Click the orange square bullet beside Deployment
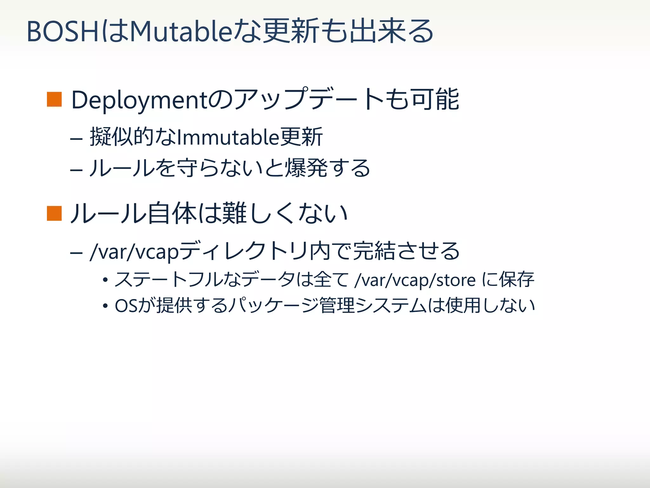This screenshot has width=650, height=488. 54,99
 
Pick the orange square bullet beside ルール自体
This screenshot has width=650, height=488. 54,213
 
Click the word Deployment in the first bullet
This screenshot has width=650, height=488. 139,100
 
